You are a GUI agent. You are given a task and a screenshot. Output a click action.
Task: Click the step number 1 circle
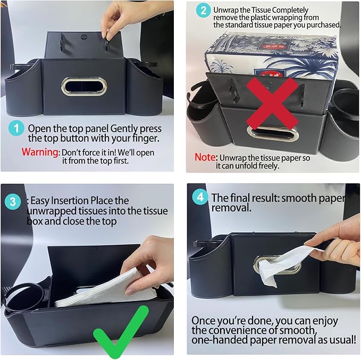pyautogui.click(x=18, y=129)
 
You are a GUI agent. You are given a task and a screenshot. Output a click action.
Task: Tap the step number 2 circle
pyautogui.click(x=203, y=11)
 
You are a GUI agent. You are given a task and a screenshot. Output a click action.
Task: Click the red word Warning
pyautogui.click(x=40, y=151)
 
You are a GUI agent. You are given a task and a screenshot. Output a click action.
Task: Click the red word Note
pyautogui.click(x=205, y=158)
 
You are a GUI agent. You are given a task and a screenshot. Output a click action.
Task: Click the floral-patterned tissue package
pyautogui.click(x=271, y=56)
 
